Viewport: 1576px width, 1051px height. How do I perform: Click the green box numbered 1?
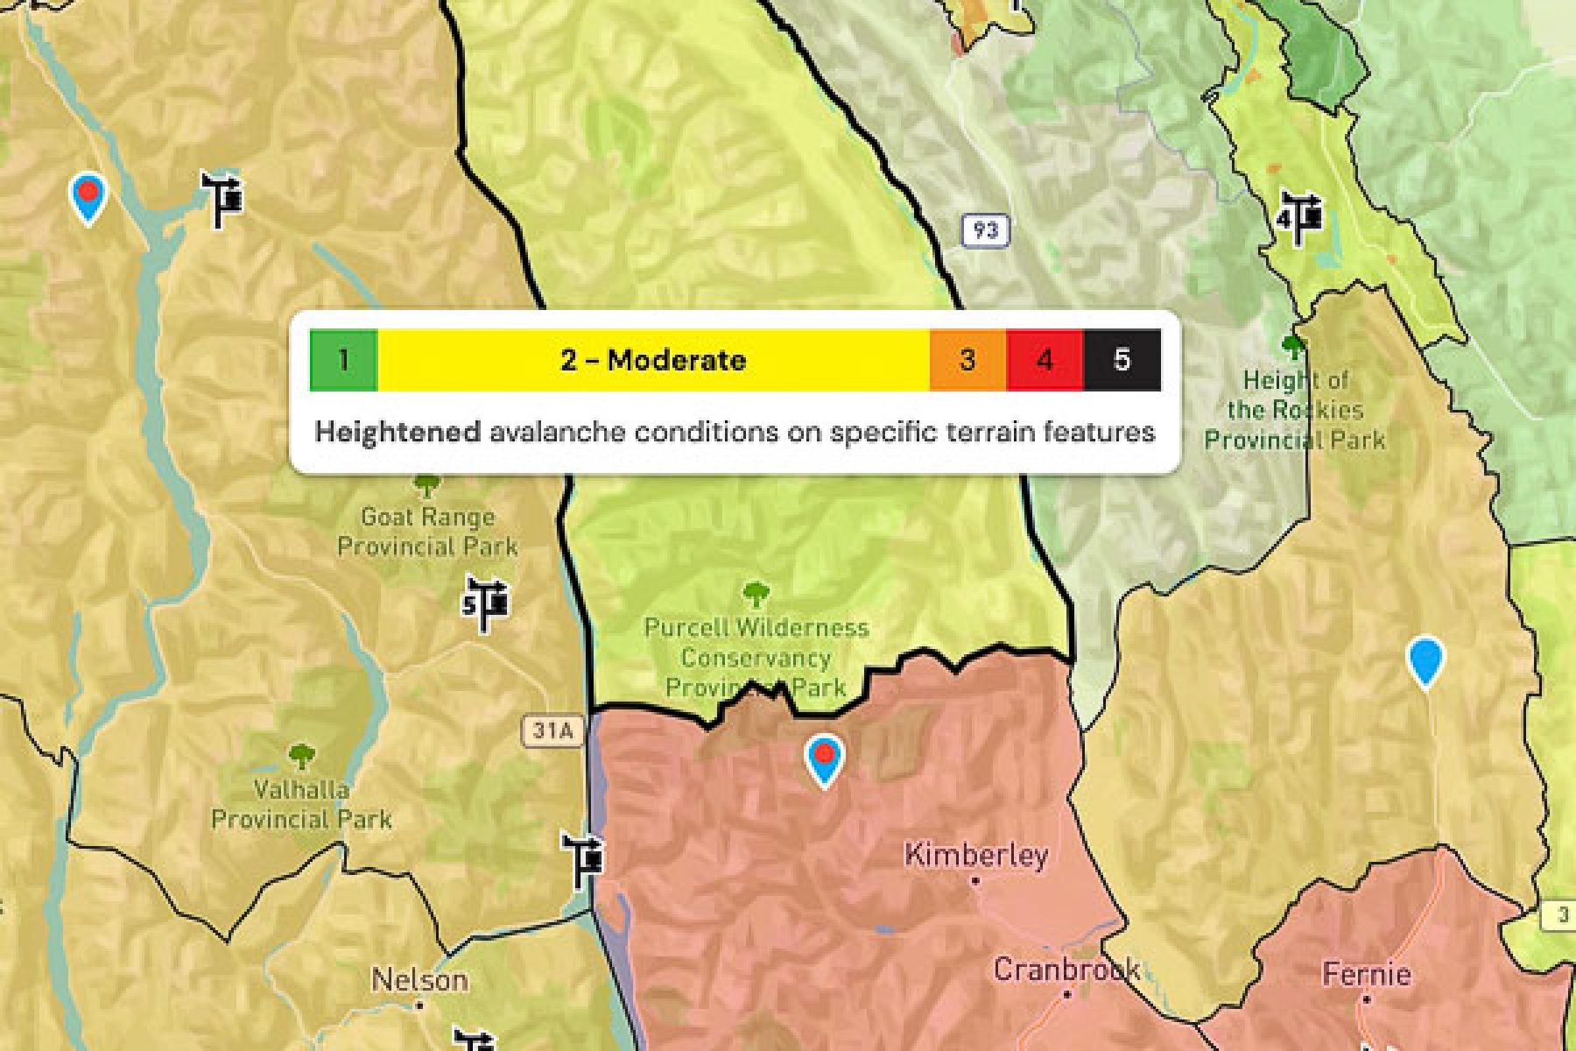coord(343,360)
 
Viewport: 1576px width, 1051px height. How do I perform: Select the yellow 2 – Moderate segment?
coord(653,360)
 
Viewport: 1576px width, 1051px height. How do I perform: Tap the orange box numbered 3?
coord(967,360)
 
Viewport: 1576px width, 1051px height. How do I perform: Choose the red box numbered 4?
coord(1045,360)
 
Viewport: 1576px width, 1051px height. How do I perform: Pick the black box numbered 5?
coord(1122,360)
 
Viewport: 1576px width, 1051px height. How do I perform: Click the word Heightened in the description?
coord(398,432)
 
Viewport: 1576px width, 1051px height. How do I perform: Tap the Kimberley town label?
coord(975,855)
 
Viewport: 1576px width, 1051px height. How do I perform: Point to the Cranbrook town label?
coord(1066,970)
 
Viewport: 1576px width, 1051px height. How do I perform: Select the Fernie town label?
coord(1367,974)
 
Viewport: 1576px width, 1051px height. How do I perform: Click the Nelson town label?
coord(419,980)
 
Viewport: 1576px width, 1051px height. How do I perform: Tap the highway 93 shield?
coord(985,230)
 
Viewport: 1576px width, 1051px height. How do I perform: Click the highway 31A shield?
coord(553,730)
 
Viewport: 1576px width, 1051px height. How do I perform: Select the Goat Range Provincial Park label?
coord(428,532)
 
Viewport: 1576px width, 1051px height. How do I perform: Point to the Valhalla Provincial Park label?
coord(301,804)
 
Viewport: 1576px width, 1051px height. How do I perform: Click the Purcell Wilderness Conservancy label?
coord(756,657)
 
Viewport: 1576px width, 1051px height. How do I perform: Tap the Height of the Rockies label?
coord(1295,410)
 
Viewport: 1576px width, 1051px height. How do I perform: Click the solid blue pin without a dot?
coord(1425,662)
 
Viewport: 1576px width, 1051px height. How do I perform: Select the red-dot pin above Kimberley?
coord(824,758)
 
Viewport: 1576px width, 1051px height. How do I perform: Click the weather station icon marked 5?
coord(486,603)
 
